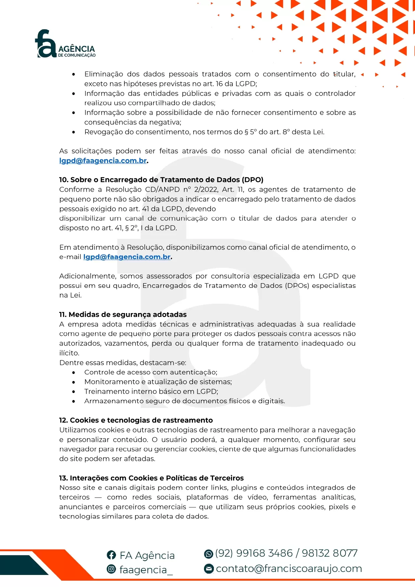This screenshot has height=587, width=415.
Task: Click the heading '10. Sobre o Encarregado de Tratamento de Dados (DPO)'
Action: point(161,180)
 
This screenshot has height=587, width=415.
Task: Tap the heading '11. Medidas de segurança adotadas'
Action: point(123,314)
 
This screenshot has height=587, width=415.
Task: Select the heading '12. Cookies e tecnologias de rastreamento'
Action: point(136,420)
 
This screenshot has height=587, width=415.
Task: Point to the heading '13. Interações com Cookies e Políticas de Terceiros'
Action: point(151,478)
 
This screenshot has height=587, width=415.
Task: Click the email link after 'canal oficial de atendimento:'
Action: point(103,161)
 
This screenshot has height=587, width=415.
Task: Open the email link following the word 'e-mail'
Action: point(127,257)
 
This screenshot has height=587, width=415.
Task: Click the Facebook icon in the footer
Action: point(111,555)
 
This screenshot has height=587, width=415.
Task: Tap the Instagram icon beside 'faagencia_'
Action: point(111,569)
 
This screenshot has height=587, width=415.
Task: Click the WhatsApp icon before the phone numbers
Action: point(208,554)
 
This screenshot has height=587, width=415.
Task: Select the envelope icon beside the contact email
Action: point(209,569)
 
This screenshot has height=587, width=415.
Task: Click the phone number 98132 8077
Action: point(329,553)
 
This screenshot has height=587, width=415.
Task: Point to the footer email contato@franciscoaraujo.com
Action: point(289,569)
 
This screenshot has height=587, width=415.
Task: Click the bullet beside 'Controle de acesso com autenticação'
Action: point(74,372)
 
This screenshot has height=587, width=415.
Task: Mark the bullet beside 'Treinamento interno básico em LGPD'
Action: point(74,392)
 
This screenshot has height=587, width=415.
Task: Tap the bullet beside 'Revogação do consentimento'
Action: point(74,132)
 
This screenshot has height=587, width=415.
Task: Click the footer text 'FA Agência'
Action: point(147,556)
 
